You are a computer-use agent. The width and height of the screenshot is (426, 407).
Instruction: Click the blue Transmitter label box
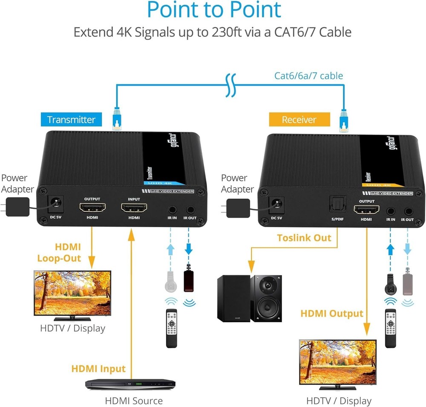71,119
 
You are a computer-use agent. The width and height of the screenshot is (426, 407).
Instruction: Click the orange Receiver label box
299,120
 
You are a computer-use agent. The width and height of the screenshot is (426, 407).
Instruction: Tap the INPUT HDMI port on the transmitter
134,208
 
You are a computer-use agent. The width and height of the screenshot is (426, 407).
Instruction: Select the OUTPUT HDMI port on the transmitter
92,208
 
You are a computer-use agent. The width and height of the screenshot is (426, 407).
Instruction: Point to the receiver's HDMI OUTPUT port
366,210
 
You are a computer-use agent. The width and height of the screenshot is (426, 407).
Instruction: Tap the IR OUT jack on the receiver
409,211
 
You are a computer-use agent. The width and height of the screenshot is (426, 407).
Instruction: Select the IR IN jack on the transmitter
173,210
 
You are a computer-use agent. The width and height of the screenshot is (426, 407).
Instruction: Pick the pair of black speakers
249,298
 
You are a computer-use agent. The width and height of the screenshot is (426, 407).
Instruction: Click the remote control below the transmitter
171,328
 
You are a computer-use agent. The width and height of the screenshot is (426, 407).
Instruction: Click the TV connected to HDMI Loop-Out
72,294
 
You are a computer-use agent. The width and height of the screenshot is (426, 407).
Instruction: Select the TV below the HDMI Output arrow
338,364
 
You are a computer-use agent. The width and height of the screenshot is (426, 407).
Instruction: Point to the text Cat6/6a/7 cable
308,76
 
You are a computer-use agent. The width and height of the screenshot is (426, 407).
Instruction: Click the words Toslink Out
304,238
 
